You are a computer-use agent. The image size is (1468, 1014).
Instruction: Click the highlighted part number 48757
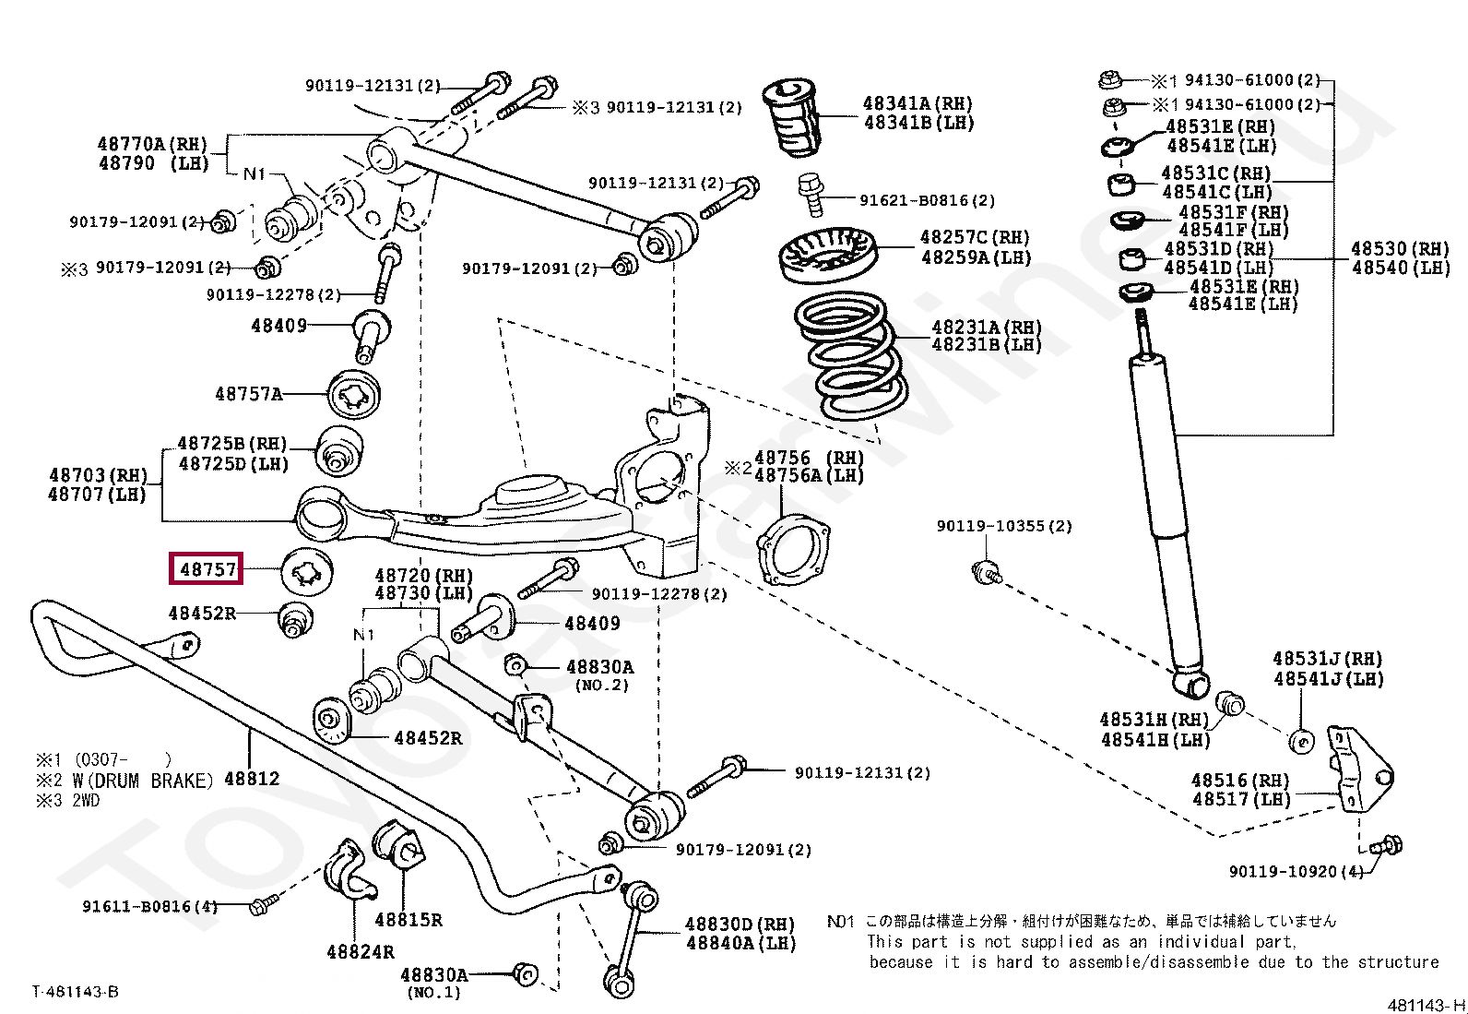coord(207,569)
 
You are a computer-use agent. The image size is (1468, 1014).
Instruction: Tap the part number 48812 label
coord(251,779)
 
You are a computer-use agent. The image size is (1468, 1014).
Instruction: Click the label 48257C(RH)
coord(975,237)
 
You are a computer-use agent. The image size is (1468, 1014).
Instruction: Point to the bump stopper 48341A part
coord(791,118)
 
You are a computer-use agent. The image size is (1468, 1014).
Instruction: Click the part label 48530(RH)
coord(1400,248)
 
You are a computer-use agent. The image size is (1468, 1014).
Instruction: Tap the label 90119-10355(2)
coord(1004,526)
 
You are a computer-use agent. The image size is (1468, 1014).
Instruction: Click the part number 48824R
coord(361,951)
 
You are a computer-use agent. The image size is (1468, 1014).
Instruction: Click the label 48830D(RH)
coord(740,924)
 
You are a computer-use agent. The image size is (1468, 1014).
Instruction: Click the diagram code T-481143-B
coord(75,992)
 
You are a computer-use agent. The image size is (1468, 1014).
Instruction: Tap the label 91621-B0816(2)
coord(927,200)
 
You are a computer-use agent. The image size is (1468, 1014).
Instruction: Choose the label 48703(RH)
coord(98,475)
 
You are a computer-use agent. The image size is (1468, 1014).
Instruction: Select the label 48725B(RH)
coord(232,444)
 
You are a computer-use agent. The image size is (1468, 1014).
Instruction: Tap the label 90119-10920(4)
coord(1295,871)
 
